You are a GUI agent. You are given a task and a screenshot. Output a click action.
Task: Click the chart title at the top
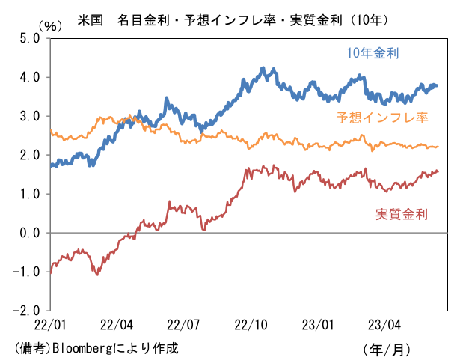click(233, 17)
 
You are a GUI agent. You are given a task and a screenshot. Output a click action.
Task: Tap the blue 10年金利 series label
click(372, 53)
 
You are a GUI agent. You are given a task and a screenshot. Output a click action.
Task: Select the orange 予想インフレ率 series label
click(382, 118)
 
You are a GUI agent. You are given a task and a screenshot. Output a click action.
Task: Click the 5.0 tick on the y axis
click(28, 39)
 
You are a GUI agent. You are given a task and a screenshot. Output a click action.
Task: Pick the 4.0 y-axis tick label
click(28, 78)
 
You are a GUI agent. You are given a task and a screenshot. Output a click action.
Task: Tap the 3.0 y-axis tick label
click(28, 117)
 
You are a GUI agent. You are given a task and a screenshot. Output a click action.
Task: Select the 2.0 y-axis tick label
click(28, 156)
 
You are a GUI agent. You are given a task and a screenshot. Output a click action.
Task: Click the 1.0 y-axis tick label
click(28, 195)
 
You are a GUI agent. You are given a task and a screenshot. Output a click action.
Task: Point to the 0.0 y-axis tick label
click(28, 234)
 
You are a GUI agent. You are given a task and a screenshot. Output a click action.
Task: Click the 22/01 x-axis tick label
click(49, 326)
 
